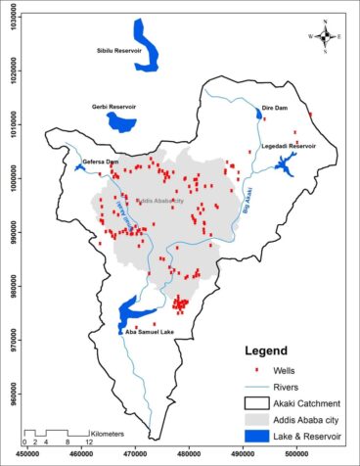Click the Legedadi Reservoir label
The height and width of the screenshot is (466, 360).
(289, 145)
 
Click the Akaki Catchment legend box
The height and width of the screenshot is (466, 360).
(256, 401)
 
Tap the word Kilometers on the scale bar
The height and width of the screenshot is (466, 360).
(108, 432)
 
